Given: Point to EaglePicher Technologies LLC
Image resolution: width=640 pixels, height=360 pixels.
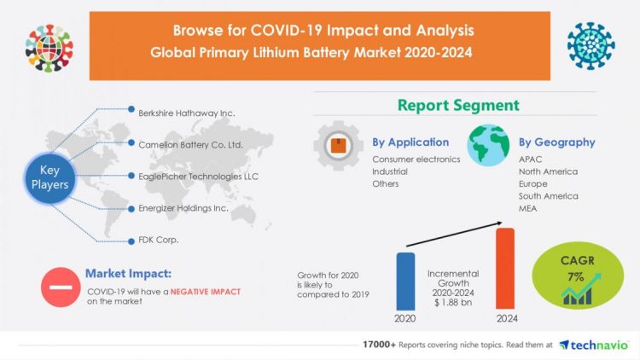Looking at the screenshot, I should (x=198, y=177).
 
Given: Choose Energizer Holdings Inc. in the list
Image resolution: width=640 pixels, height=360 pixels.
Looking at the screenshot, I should (x=185, y=208).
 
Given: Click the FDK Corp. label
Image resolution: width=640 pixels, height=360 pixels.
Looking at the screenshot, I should (x=158, y=241).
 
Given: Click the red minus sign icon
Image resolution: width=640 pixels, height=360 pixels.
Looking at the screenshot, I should (x=60, y=288).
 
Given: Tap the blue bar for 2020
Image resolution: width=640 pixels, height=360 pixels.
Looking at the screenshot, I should (x=405, y=281).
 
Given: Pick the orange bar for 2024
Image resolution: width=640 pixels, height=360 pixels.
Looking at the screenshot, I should (x=505, y=269).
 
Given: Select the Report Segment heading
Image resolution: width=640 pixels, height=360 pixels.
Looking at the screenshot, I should (x=457, y=105).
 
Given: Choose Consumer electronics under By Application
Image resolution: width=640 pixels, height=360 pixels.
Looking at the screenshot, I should (x=416, y=160).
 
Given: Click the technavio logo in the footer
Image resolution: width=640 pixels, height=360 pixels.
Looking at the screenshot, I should (x=592, y=345).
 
